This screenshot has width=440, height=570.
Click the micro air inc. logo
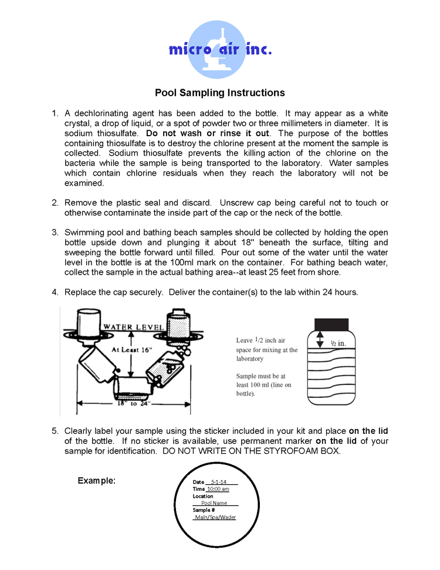pyautogui.click(x=220, y=49)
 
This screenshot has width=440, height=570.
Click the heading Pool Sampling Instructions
pyautogui.click(x=219, y=93)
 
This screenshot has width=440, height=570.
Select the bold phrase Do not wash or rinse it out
pyautogui.click(x=208, y=133)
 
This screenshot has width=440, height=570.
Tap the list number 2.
pyautogui.click(x=55, y=203)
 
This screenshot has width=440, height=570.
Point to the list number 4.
pyautogui.click(x=55, y=292)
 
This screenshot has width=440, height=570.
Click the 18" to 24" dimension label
pyautogui.click(x=134, y=404)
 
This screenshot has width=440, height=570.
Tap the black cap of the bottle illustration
pyautogui.click(x=332, y=324)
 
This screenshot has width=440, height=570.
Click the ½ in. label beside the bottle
pyautogui.click(x=338, y=343)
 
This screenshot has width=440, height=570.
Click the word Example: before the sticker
pyautogui.click(x=96, y=481)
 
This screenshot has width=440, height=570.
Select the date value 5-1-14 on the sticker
pyautogui.click(x=218, y=482)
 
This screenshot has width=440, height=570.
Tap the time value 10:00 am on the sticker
pyautogui.click(x=218, y=489)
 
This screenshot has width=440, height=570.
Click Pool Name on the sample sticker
pyautogui.click(x=214, y=503)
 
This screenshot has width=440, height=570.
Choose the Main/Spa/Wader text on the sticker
pyautogui.click(x=215, y=517)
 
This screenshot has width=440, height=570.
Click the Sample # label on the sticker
pyautogui.click(x=204, y=510)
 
